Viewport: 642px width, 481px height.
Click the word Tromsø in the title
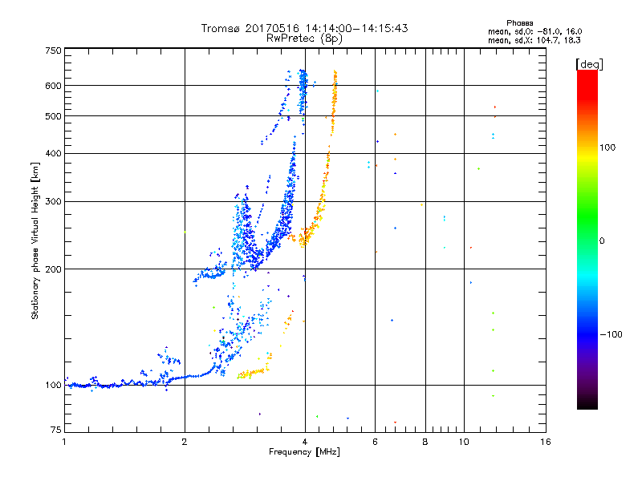pyautogui.click(x=222, y=28)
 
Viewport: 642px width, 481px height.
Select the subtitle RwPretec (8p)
pyautogui.click(x=304, y=38)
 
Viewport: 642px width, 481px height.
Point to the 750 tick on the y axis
pyautogui.click(x=54, y=51)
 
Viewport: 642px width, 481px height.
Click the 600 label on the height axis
pyautogui.click(x=54, y=86)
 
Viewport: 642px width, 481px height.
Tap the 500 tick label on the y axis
pyautogui.click(x=54, y=116)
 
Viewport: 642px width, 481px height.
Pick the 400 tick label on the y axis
pyautogui.click(x=54, y=153)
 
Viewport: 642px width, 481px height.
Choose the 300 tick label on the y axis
pyautogui.click(x=54, y=201)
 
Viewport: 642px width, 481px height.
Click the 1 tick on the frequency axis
pyautogui.click(x=65, y=443)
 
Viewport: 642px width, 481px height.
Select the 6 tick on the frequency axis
pyautogui.click(x=375, y=443)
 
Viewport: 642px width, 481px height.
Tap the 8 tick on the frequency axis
pyautogui.click(x=425, y=443)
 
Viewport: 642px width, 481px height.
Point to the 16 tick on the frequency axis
pyautogui.click(x=545, y=443)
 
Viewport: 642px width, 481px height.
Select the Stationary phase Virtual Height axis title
pyautogui.click(x=35, y=240)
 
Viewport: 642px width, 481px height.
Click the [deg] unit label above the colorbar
pyautogui.click(x=589, y=63)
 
